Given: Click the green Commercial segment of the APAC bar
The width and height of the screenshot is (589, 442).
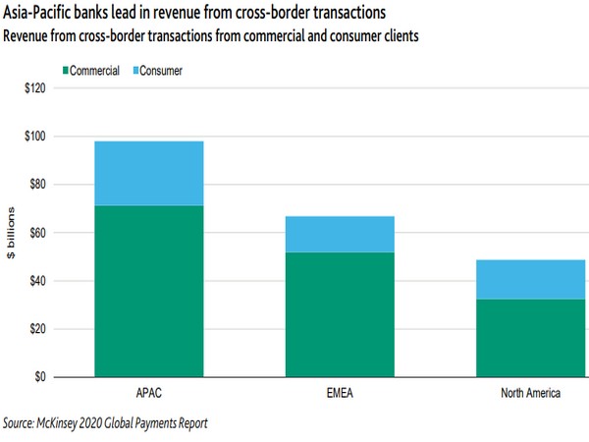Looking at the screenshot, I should pyautogui.click(x=149, y=292).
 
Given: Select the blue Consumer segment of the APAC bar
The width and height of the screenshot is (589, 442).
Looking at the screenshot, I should pyautogui.click(x=149, y=174).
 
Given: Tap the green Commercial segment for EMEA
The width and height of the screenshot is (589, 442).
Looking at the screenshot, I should pyautogui.click(x=339, y=314).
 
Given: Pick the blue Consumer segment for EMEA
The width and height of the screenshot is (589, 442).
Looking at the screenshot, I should pyautogui.click(x=339, y=234).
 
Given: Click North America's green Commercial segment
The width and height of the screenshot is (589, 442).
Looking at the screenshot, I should pyautogui.click(x=529, y=338).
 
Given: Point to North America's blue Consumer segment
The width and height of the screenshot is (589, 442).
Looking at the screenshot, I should pyautogui.click(x=529, y=279).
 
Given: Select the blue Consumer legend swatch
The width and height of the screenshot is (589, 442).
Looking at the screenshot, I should pyautogui.click(x=134, y=71).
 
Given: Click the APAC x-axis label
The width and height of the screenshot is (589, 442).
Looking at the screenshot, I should pyautogui.click(x=149, y=395).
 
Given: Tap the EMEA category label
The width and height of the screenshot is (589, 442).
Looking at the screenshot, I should pyautogui.click(x=339, y=395).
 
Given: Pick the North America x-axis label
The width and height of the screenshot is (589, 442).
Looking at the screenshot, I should pyautogui.click(x=529, y=395).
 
